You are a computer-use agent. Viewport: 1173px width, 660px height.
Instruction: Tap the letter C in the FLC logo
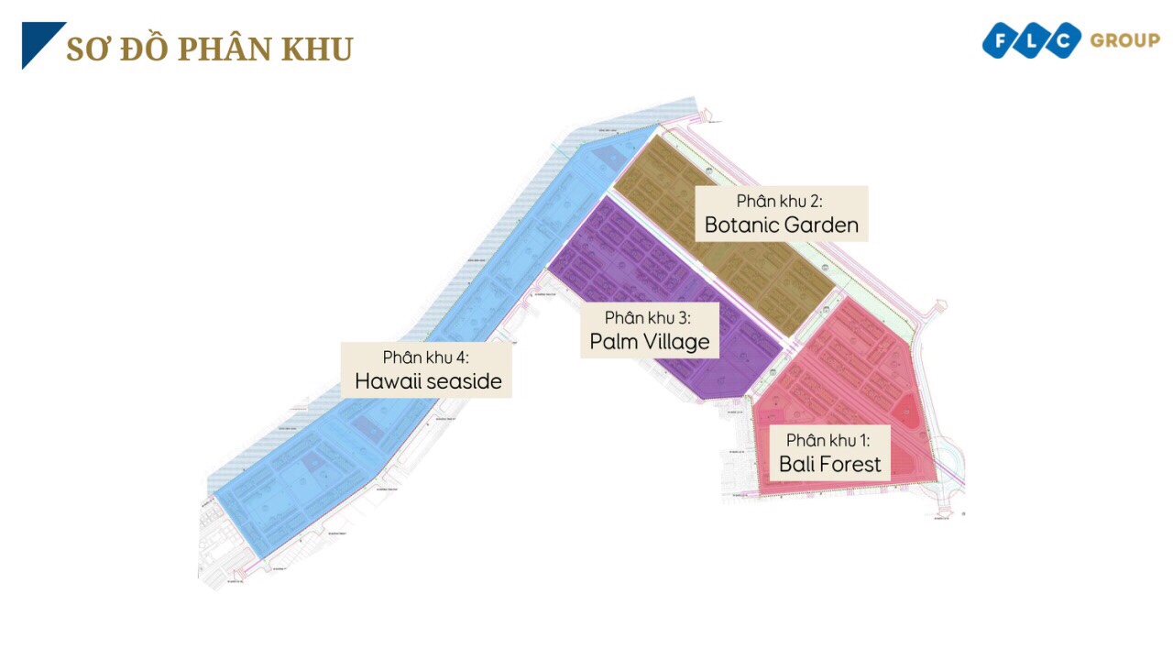coord(1063,41)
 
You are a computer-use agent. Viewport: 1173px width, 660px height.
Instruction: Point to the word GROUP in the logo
coord(1124,40)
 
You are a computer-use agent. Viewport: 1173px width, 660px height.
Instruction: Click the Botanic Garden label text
coord(781,225)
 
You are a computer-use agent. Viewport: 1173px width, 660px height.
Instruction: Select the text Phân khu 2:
coord(781,201)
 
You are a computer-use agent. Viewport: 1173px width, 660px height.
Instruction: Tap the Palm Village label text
coord(649,342)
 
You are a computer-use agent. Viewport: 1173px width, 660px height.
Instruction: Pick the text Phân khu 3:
coord(648,318)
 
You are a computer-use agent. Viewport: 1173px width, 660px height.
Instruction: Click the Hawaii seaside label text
coord(428,381)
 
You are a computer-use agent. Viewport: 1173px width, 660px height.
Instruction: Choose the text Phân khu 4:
coord(426,357)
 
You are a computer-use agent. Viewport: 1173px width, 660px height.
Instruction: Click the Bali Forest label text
coord(829,464)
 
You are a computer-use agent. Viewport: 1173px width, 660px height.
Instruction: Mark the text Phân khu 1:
coord(829,440)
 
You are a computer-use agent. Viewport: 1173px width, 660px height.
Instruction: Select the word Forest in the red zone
coord(851,464)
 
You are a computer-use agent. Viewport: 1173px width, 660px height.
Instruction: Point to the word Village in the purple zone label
coord(675,342)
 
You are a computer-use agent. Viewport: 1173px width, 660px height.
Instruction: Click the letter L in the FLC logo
coord(1033,41)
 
